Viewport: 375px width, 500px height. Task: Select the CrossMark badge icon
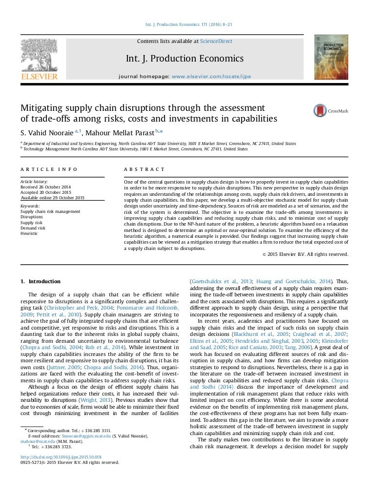(320, 111)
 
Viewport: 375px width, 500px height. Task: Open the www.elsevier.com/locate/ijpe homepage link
(211, 77)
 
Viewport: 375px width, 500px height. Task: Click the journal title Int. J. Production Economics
(185, 59)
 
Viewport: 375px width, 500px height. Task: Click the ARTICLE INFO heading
(49, 169)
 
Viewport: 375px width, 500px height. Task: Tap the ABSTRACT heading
(145, 169)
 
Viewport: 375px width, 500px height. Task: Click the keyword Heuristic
(29, 233)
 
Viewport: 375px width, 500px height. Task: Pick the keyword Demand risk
(33, 228)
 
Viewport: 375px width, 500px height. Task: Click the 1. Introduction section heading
(41, 281)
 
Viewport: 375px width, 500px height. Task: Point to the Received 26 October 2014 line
(45, 187)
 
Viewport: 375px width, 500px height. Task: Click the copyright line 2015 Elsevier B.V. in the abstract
(305, 254)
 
